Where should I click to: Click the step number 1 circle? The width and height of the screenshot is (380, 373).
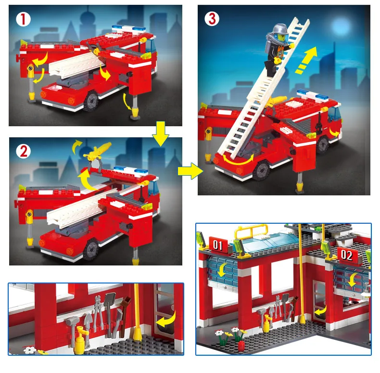[x=23, y=19]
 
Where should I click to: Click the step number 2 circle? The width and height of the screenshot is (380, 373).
[x=24, y=152]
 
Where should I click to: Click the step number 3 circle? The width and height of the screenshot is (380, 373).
[x=212, y=19]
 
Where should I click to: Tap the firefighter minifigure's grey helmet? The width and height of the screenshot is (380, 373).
[x=280, y=29]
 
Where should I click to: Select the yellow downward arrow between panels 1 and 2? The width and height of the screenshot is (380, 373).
[x=161, y=134]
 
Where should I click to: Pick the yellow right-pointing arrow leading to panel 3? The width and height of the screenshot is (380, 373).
[x=190, y=171]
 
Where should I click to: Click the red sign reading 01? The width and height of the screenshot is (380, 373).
[x=218, y=245]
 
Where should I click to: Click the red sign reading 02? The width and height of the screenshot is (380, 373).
[x=347, y=255]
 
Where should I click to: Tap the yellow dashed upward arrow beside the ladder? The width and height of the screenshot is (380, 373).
[x=306, y=60]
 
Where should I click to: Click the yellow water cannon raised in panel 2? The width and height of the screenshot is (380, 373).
[x=98, y=151]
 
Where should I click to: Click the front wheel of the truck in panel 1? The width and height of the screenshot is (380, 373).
[x=91, y=101]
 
